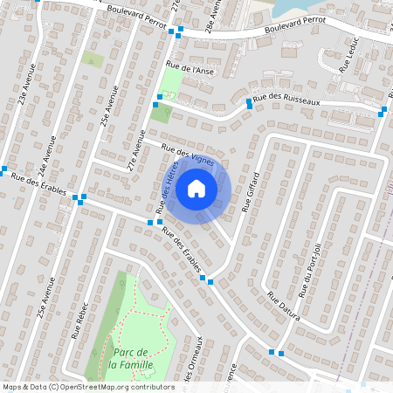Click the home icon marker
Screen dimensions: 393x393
click(x=196, y=188)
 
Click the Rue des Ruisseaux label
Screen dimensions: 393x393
click(x=287, y=101)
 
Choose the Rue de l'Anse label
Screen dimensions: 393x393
click(x=190, y=70)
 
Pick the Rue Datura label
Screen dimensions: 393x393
click(x=284, y=306)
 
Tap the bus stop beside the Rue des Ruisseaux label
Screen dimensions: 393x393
click(x=250, y=104)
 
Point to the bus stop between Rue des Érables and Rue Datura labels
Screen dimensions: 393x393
click(x=210, y=280)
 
